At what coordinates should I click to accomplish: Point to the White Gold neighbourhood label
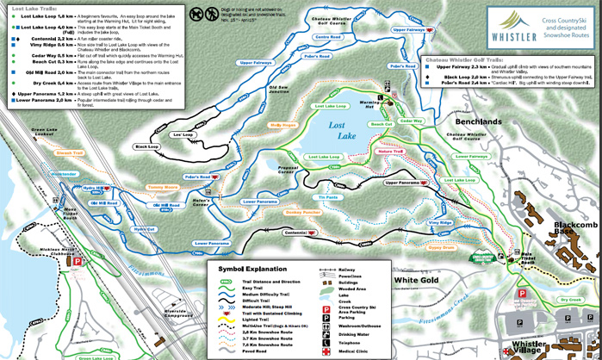tap(416, 280)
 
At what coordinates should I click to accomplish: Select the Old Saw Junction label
tap(278, 89)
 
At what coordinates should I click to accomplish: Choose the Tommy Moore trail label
tap(162, 185)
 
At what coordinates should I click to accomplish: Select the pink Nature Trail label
tap(390, 151)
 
